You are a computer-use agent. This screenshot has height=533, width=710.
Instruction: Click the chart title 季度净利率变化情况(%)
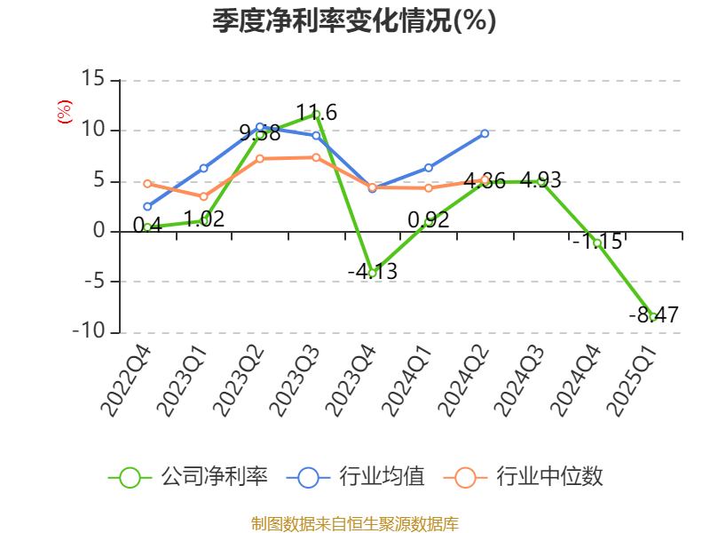tap(354, 21)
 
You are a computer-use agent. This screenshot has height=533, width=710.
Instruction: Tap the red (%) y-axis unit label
tap(64, 112)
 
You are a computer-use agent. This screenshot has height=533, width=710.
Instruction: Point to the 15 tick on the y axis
tap(93, 80)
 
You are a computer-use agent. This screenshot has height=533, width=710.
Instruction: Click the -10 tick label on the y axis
tap(88, 332)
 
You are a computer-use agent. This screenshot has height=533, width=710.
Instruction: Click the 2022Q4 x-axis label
tap(126, 381)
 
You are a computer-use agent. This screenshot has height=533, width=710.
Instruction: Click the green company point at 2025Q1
tap(653, 316)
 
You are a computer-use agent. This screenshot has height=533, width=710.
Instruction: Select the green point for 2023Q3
tap(316, 114)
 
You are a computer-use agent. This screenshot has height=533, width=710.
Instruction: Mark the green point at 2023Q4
tap(372, 273)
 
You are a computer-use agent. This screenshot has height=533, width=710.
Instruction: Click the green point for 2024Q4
tap(597, 243)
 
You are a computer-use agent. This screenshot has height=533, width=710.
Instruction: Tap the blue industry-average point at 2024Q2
tap(485, 133)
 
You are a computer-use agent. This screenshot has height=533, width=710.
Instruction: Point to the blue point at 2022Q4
tap(147, 206)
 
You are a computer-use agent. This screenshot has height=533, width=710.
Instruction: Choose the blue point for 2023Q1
tap(203, 168)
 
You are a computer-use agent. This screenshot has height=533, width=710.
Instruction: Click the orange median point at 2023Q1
tap(203, 196)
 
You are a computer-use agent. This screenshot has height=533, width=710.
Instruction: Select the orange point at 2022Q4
tap(147, 183)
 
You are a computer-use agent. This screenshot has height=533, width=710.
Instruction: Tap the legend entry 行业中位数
tap(528, 477)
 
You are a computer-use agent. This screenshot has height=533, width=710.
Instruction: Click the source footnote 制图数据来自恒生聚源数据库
tap(354, 523)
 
